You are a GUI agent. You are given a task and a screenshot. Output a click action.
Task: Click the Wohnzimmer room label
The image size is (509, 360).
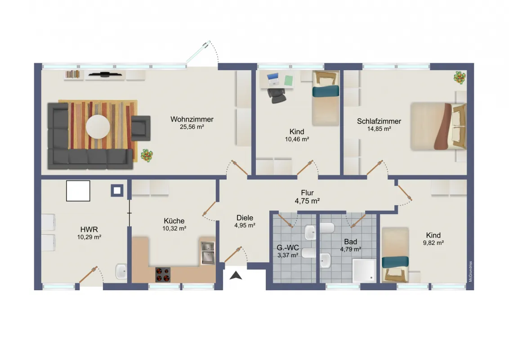pyautogui.click(x=192, y=119)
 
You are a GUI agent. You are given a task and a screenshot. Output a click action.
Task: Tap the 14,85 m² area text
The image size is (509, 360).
pyautogui.click(x=379, y=129)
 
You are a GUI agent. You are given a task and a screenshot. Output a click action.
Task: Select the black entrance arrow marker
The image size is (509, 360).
pyautogui.click(x=236, y=275)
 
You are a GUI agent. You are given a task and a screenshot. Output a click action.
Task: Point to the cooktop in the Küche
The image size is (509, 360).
pyautogui.click(x=163, y=274)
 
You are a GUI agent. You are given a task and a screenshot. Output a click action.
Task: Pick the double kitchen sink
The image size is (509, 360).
pyautogui.click(x=207, y=252)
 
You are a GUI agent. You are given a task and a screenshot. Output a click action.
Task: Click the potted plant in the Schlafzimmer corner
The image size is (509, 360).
pyautogui.click(x=460, y=77)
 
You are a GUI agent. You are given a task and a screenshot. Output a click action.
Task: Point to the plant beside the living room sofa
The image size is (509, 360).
pyautogui.click(x=147, y=156)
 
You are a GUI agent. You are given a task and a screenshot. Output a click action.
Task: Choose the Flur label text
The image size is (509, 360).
pyautogui.click(x=307, y=193)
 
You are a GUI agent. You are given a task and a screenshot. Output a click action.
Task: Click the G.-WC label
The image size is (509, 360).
pyautogui.click(x=288, y=248)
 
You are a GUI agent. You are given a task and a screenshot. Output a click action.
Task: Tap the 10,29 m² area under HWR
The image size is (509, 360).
pyautogui.click(x=89, y=237)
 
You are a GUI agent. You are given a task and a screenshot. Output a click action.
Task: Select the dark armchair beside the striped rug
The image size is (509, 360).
pyautogui.click(x=141, y=128)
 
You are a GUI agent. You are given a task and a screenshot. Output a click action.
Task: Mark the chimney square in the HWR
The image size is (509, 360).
pyautogui.click(x=117, y=190)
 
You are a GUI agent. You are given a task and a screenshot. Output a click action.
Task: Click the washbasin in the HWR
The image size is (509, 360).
pyautogui.click(x=121, y=271)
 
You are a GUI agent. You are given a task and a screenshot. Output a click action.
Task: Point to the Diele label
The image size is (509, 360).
pyautogui.click(x=245, y=218)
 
